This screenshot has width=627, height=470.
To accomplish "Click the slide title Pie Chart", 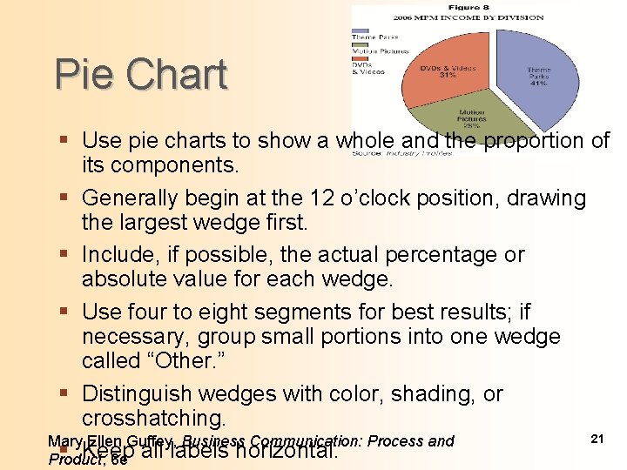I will (140, 75).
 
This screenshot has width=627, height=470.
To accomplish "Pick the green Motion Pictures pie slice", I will (471, 119).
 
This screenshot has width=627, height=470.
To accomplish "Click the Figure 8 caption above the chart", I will (461, 8).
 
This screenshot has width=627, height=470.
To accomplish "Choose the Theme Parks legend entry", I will (370, 37).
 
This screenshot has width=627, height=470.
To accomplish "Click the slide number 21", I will (597, 440).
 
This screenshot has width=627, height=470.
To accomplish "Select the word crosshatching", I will (153, 418).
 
